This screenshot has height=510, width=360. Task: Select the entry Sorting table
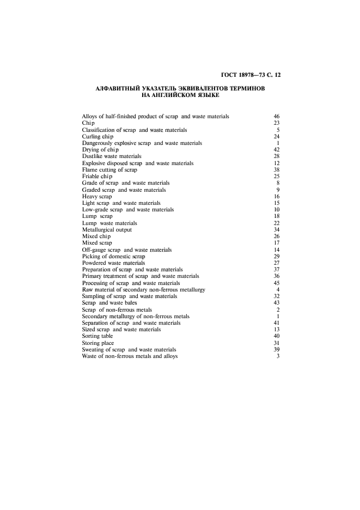click(x=97, y=336)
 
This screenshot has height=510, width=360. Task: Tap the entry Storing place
click(x=98, y=343)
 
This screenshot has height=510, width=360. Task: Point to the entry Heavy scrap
click(x=97, y=196)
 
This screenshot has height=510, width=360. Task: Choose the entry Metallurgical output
click(x=107, y=230)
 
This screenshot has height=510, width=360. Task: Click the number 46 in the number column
click(x=276, y=117)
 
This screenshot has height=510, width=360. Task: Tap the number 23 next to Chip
click(x=276, y=123)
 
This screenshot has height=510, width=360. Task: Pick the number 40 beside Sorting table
click(x=276, y=336)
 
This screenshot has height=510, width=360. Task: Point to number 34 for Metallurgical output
click(x=276, y=230)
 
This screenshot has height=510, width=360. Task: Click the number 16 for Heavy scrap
click(x=276, y=196)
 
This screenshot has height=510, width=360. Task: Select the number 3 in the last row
click(x=278, y=356)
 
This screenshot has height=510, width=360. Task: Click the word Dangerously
click(x=98, y=143)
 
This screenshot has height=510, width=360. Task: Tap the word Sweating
click(x=93, y=350)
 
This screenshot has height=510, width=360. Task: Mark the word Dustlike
click(x=93, y=156)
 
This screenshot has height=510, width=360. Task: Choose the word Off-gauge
click(x=94, y=250)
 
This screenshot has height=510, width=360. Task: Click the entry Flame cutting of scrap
click(x=109, y=170)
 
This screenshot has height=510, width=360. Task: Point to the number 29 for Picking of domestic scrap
click(x=276, y=256)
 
